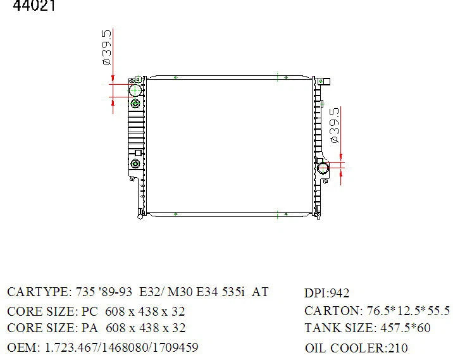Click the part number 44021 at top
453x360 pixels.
click(34, 5)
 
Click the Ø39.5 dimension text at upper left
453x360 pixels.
click(106, 47)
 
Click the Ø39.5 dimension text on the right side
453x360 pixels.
click(334, 125)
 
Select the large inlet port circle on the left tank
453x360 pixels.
click(135, 90)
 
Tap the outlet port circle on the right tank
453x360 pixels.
click(323, 168)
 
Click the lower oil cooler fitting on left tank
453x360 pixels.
click(135, 164)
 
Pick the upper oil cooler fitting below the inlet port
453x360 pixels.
click(135, 103)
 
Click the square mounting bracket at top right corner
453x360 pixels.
click(325, 82)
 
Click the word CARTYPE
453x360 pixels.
click(40, 292)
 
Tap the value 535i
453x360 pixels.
click(233, 292)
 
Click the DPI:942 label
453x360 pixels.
click(326, 293)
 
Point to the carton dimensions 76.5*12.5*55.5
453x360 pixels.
click(408, 311)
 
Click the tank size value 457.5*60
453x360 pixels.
click(406, 328)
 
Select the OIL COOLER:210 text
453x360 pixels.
click(356, 348)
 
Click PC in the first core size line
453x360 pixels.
click(90, 311)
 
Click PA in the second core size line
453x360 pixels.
click(90, 328)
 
